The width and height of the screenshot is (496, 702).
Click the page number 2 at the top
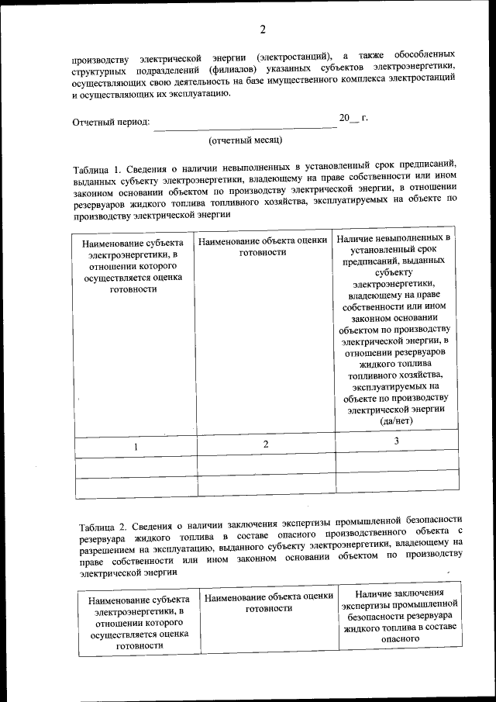[263, 30]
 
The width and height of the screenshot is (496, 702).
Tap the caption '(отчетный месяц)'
[245, 140]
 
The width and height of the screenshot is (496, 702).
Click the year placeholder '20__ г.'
[353, 119]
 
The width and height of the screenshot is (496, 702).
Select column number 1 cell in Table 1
[136, 446]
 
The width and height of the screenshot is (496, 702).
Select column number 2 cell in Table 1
[265, 444]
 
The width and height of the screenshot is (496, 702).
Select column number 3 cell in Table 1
[396, 441]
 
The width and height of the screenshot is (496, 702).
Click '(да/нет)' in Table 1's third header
[396, 420]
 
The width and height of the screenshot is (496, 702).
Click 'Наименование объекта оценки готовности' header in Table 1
[263, 247]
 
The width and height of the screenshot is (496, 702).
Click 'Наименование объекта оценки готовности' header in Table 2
[268, 602]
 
